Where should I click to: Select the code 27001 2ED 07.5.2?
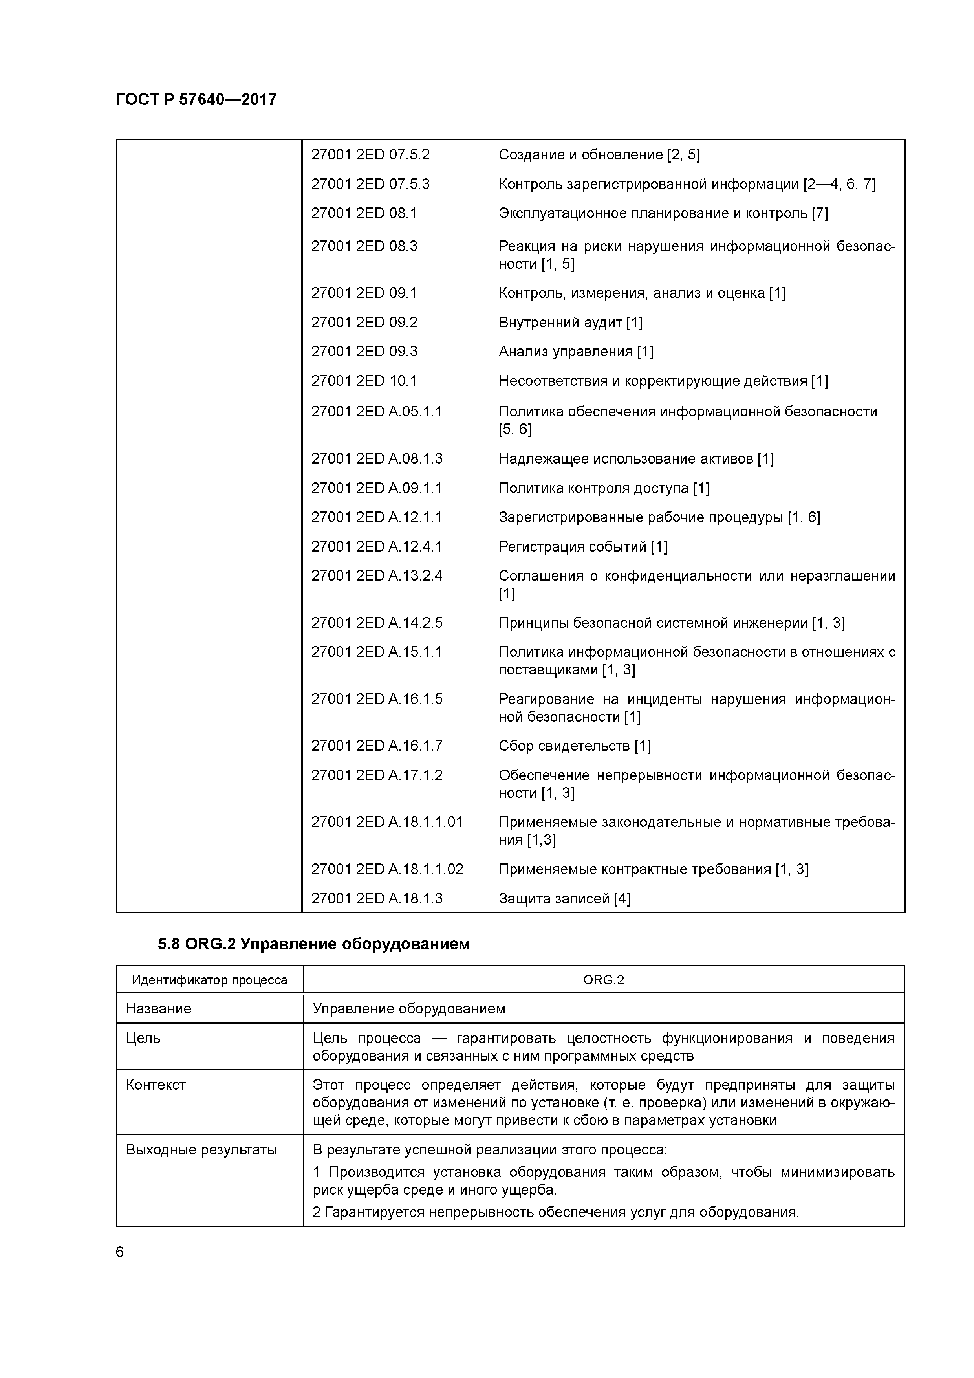[x=370, y=155]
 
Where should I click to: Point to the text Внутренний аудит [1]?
[x=570, y=322]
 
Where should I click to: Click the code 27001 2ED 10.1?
[x=364, y=381]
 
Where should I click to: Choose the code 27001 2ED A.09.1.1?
[x=376, y=488]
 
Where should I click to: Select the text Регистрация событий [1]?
[x=583, y=546]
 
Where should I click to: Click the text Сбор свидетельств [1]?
[x=574, y=746]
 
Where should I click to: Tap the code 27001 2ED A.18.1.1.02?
[x=387, y=869]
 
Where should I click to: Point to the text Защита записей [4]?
[x=564, y=898]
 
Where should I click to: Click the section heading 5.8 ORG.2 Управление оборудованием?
[x=313, y=944]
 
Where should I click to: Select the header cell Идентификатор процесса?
[x=209, y=980]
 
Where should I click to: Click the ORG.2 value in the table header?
[x=603, y=980]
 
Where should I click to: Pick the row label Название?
[x=158, y=1008]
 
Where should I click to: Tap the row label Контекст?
[x=156, y=1085]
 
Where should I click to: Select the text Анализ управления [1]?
[x=575, y=351]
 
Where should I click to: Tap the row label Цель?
[x=143, y=1038]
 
